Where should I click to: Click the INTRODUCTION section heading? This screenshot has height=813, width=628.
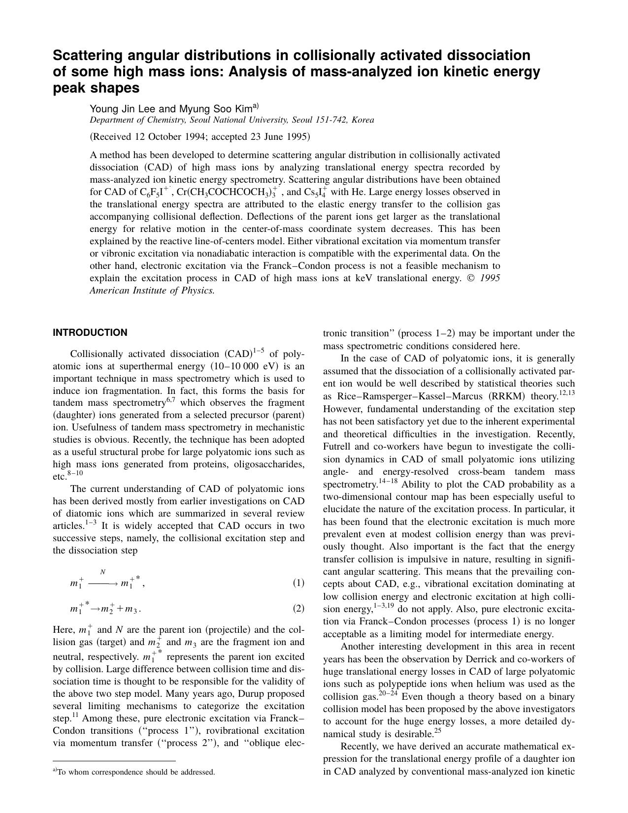point(90,333)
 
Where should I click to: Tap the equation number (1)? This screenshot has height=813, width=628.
point(298,583)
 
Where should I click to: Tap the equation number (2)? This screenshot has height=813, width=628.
point(298,609)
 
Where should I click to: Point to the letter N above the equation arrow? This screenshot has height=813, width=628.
point(102,572)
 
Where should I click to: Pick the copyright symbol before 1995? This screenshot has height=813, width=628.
point(470,278)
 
